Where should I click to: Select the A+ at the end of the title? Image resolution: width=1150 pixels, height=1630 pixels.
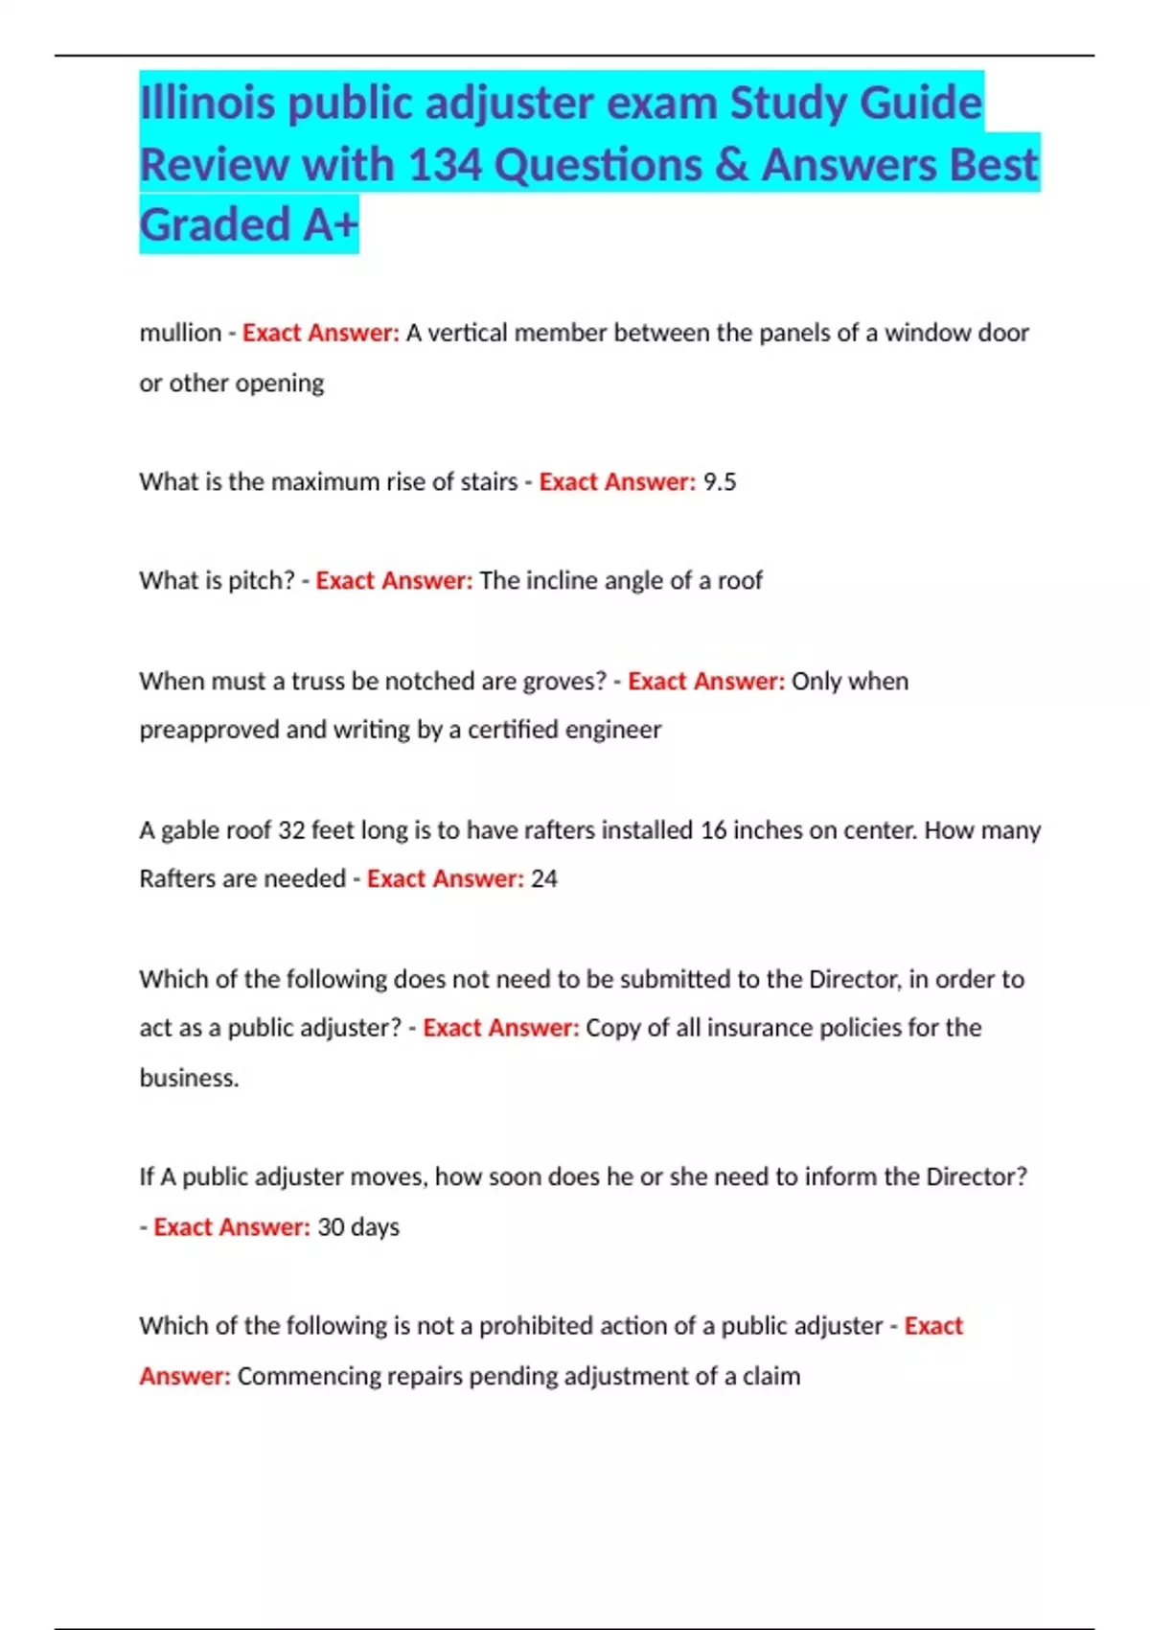pos(331,224)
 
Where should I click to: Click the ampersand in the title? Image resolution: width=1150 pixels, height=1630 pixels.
pos(731,164)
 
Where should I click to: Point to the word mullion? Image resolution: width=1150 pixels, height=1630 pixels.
pos(180,333)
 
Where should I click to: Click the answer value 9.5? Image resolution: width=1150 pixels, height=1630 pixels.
pos(720,481)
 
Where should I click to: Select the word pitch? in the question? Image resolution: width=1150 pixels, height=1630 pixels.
pos(261,580)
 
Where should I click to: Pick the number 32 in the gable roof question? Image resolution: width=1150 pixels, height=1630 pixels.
pos(291,829)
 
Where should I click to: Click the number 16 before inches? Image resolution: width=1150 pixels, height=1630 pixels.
pos(713,829)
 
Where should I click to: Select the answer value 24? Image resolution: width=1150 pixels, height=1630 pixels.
pos(543,878)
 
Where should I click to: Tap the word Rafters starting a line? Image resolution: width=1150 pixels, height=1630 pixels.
pos(179,878)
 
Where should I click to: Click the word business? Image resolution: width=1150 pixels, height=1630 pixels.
pos(189,1078)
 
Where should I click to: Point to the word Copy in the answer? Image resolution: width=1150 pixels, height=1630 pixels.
pos(613,1028)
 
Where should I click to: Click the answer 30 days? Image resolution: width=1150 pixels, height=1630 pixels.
pos(357,1226)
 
